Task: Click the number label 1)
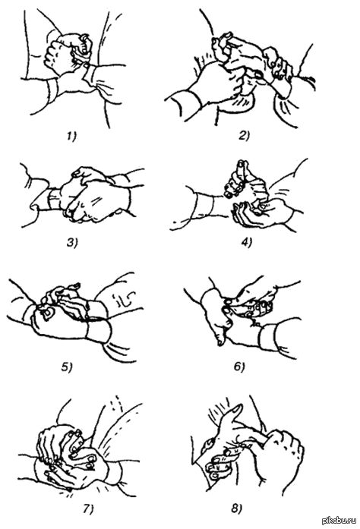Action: (x=71, y=136)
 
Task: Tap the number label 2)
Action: (x=243, y=136)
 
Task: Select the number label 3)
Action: (x=72, y=243)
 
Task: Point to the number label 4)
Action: (x=246, y=242)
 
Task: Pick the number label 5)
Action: (x=67, y=367)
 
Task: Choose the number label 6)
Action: (x=238, y=366)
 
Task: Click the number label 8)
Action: (x=237, y=508)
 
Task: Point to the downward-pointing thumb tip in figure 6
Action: (x=220, y=342)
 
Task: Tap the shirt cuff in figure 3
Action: (x=55, y=199)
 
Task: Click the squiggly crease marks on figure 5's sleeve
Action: (x=124, y=298)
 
